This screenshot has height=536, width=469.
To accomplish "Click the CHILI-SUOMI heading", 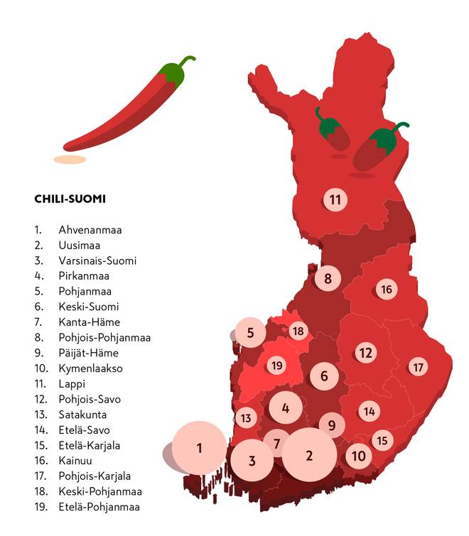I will (70, 199).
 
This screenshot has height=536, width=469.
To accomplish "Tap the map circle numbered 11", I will (335, 199).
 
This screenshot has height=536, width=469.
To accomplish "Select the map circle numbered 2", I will (309, 455).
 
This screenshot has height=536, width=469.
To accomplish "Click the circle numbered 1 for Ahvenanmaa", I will (200, 448).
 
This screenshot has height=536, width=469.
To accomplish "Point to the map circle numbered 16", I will (387, 290).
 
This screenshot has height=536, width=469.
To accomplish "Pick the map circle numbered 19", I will (277, 366).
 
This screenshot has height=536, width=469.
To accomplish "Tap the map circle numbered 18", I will (298, 332).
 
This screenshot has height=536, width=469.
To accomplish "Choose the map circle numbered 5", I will (250, 332).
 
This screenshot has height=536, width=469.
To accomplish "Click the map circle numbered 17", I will (418, 367).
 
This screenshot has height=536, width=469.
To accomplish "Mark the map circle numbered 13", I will (246, 418).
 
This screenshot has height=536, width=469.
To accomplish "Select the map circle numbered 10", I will (359, 456).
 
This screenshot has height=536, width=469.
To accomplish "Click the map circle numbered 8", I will (328, 278).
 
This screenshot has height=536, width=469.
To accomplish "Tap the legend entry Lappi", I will (72, 384).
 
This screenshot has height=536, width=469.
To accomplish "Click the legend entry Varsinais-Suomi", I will (97, 261).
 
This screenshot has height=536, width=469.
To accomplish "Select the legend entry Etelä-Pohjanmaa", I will (99, 507).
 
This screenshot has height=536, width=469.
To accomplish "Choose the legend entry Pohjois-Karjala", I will (95, 476).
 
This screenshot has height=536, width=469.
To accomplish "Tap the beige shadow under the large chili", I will (70, 160).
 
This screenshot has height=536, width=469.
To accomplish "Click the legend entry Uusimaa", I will (79, 245).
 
